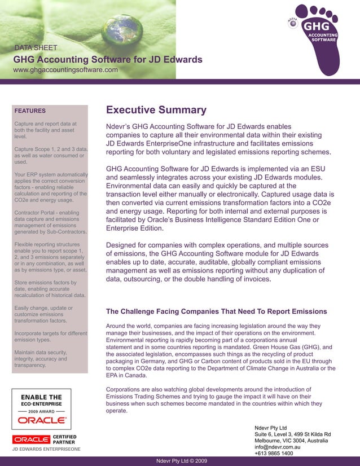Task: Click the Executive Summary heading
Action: click(x=156, y=110)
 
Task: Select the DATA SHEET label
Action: click(x=36, y=48)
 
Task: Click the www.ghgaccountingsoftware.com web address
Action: click(x=65, y=70)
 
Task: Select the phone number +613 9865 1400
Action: click(x=274, y=454)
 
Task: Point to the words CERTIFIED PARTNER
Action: click(x=64, y=439)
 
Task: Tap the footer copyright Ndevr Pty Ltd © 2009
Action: click(x=181, y=461)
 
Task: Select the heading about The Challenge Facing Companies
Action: click(x=216, y=311)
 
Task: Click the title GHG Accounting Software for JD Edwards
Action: click(x=108, y=59)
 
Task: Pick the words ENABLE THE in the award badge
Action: click(x=41, y=397)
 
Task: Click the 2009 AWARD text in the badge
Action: click(x=41, y=412)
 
